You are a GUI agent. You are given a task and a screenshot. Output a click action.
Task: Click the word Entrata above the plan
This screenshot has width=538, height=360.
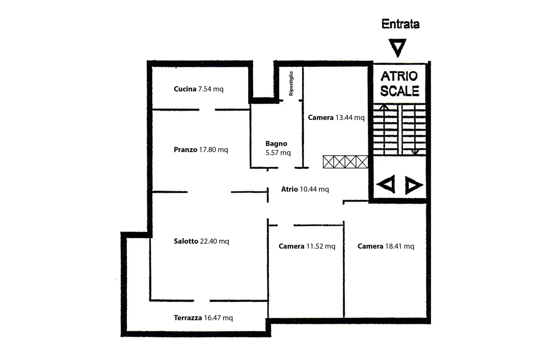[x=401, y=24]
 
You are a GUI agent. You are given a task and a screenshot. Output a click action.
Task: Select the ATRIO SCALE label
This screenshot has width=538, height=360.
[x=399, y=84]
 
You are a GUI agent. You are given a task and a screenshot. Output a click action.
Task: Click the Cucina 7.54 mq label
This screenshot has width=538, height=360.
[x=199, y=89]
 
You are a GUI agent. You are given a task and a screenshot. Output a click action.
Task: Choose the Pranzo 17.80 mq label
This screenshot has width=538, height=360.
[x=201, y=150]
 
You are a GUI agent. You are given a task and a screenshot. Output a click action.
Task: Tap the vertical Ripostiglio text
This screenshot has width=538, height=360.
[x=291, y=84]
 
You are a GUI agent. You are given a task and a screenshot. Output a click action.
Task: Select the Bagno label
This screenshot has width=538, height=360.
[x=276, y=143]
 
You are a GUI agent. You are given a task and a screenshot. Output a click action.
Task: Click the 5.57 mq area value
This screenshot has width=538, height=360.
[x=278, y=153]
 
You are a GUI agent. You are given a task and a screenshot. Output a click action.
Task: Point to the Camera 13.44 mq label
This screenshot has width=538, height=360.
[x=336, y=118]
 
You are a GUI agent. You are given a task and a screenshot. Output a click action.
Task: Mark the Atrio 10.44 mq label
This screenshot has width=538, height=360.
[x=305, y=189]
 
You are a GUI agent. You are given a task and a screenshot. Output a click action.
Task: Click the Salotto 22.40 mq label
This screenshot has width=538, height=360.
[x=201, y=241]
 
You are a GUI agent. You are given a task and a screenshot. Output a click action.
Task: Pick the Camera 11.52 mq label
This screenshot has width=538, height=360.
[x=307, y=246]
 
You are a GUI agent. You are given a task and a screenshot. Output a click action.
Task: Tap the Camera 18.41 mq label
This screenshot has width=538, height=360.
[x=386, y=246]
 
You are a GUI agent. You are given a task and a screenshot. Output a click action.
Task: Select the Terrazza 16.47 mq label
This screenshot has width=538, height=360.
[x=203, y=318]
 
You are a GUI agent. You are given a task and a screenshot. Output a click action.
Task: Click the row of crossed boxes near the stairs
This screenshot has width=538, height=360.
[x=345, y=162]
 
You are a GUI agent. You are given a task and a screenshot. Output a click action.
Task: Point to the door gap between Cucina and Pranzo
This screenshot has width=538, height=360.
[x=207, y=110]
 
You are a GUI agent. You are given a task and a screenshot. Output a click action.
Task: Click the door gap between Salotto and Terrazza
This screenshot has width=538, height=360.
[x=202, y=301]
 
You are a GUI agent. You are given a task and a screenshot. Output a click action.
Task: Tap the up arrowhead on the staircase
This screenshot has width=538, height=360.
[x=384, y=107]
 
